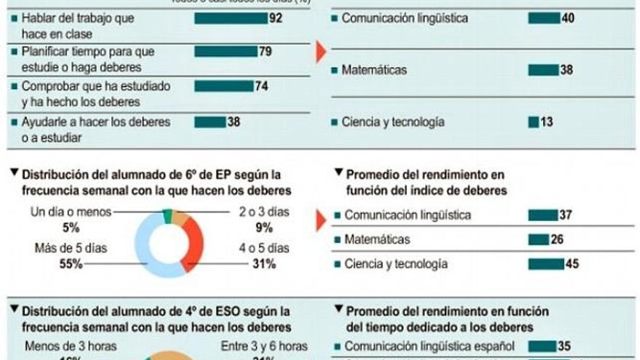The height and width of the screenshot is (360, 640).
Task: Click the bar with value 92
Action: [x=231, y=18]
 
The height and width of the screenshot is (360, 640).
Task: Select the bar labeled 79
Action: [x=225, y=52]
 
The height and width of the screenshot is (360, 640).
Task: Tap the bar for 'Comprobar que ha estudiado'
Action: [x=223, y=86]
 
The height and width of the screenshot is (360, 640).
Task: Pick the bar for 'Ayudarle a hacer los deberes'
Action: [x=209, y=122]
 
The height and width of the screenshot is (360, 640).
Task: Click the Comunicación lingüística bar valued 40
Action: [x=544, y=18]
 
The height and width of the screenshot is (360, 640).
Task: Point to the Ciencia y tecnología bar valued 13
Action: [x=533, y=122]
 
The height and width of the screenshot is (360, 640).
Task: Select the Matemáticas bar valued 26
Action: [x=538, y=239]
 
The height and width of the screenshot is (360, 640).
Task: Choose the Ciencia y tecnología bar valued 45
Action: [x=545, y=264]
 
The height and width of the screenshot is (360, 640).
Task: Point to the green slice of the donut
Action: [x=168, y=216]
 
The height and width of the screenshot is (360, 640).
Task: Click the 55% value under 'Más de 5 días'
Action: [x=71, y=264]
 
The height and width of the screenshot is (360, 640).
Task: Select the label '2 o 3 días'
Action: [x=264, y=213]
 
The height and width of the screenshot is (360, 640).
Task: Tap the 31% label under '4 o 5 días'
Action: [x=263, y=264]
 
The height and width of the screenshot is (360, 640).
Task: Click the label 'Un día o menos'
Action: [x=71, y=212]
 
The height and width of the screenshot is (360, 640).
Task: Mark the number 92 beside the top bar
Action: [x=276, y=18]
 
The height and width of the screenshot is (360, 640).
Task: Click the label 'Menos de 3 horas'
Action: [x=70, y=346]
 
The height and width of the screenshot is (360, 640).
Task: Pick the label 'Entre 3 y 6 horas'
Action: [x=264, y=346]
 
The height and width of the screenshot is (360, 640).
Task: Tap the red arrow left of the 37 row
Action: [x=321, y=220]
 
